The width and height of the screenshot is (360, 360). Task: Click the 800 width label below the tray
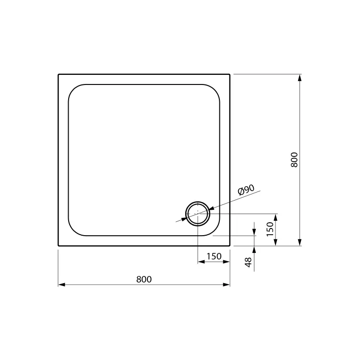click(x=144, y=279)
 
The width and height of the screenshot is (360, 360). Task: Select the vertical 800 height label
click(x=294, y=159)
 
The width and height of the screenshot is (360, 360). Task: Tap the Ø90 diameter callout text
click(x=246, y=190)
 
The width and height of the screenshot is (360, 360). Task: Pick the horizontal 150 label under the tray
click(x=214, y=256)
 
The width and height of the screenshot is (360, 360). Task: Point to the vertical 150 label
click(x=270, y=229)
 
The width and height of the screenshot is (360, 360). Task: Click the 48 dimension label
click(x=248, y=262)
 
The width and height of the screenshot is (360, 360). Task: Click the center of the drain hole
click(x=198, y=214)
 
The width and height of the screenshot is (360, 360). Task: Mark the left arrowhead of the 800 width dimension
click(x=61, y=285)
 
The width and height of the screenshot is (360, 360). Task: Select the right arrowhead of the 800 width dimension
click(x=227, y=285)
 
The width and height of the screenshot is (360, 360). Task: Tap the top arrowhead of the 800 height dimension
click(x=300, y=78)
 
